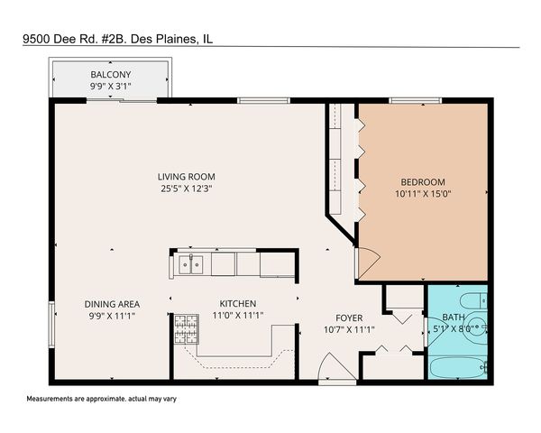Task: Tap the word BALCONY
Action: pos(110,74)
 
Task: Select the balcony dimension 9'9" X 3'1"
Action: pos(110,86)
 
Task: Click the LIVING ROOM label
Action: pos(187,177)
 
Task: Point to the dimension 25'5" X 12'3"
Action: pos(187,189)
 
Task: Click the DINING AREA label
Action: pos(112,304)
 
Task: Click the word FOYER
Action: pos(349,318)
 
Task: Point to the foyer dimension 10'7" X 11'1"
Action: pos(349,329)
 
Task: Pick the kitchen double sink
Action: pos(190,263)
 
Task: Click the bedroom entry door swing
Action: pos(368,262)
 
